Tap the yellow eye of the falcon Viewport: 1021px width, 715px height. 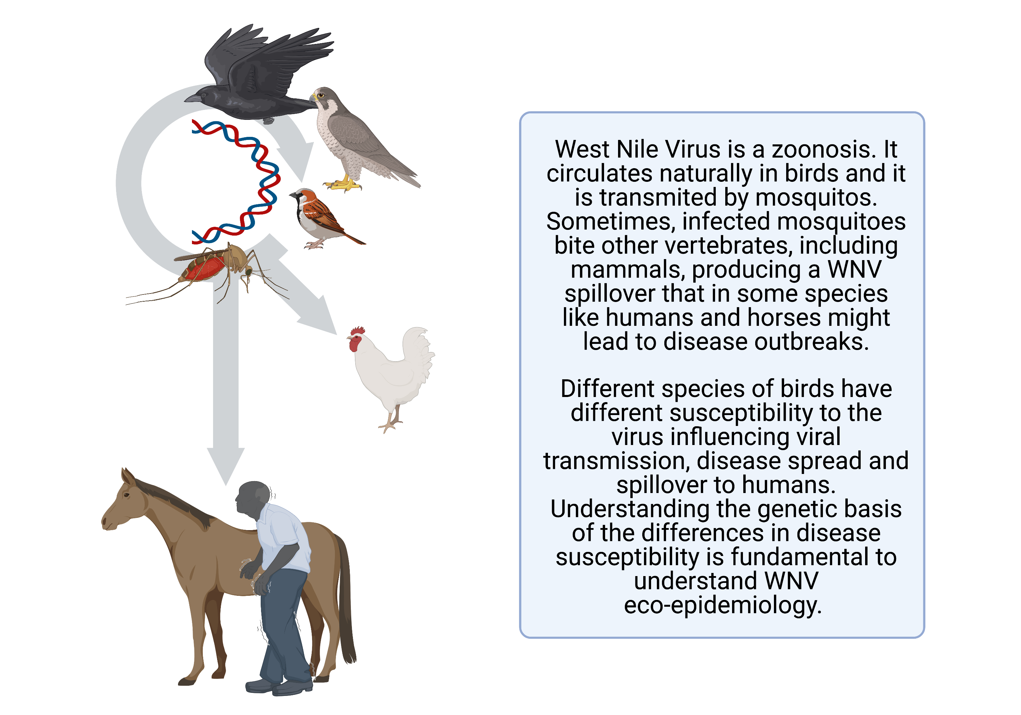click(x=321, y=95)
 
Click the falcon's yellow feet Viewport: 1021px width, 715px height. click(x=343, y=183)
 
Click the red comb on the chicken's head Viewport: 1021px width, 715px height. click(x=358, y=331)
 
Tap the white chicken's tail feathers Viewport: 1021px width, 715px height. click(x=418, y=351)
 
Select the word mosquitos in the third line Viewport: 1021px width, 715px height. click(x=816, y=198)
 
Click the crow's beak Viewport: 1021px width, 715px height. click(x=192, y=97)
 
